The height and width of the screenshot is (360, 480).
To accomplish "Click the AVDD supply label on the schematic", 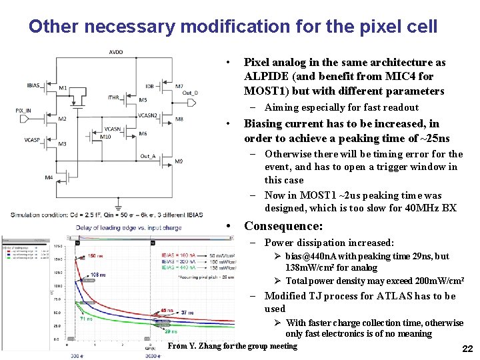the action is (x=116, y=51).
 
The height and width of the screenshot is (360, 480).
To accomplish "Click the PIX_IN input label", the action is (x=23, y=111).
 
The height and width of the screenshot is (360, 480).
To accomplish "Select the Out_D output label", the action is (x=190, y=93).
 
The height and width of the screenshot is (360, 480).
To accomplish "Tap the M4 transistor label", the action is (x=49, y=177).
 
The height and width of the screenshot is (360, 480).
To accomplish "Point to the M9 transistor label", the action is (x=179, y=161).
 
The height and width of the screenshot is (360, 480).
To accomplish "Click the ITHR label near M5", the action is (x=113, y=97).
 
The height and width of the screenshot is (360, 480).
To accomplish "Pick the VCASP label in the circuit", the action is (x=31, y=140).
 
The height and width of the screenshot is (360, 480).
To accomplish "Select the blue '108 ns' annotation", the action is (x=99, y=275).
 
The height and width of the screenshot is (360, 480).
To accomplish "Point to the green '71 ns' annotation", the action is (x=86, y=319).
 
